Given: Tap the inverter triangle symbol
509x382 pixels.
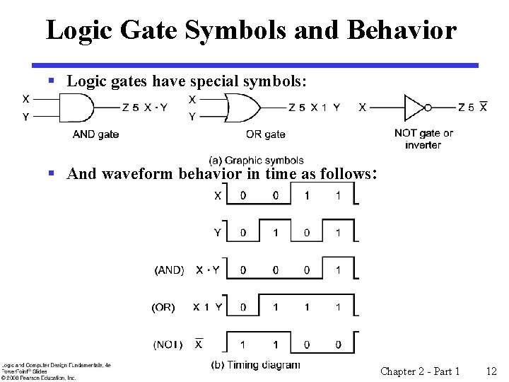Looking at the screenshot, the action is (x=412, y=108).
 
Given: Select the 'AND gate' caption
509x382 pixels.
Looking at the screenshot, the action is (x=95, y=134).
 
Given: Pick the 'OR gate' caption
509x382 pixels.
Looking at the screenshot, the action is (x=265, y=134).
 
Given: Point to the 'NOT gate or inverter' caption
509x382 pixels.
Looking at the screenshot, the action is (x=423, y=139).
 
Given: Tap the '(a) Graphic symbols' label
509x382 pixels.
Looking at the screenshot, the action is (x=257, y=161).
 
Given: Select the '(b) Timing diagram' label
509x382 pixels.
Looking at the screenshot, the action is (x=255, y=365).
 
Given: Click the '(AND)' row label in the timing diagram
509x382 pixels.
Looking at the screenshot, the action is (x=169, y=270).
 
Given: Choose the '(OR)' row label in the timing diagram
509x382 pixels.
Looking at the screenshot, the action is (x=163, y=307).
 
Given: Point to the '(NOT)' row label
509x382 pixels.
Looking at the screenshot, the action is (x=168, y=345).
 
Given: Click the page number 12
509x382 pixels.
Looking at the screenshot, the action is (x=492, y=371).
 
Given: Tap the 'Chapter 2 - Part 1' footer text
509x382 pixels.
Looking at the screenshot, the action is (x=420, y=371).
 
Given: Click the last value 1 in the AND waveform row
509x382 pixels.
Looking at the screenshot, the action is (x=339, y=270).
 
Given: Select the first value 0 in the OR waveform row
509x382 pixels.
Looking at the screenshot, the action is (x=243, y=307).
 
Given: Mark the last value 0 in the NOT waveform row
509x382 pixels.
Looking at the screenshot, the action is (x=339, y=345).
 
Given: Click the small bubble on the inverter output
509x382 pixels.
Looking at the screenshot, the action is (x=428, y=108).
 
